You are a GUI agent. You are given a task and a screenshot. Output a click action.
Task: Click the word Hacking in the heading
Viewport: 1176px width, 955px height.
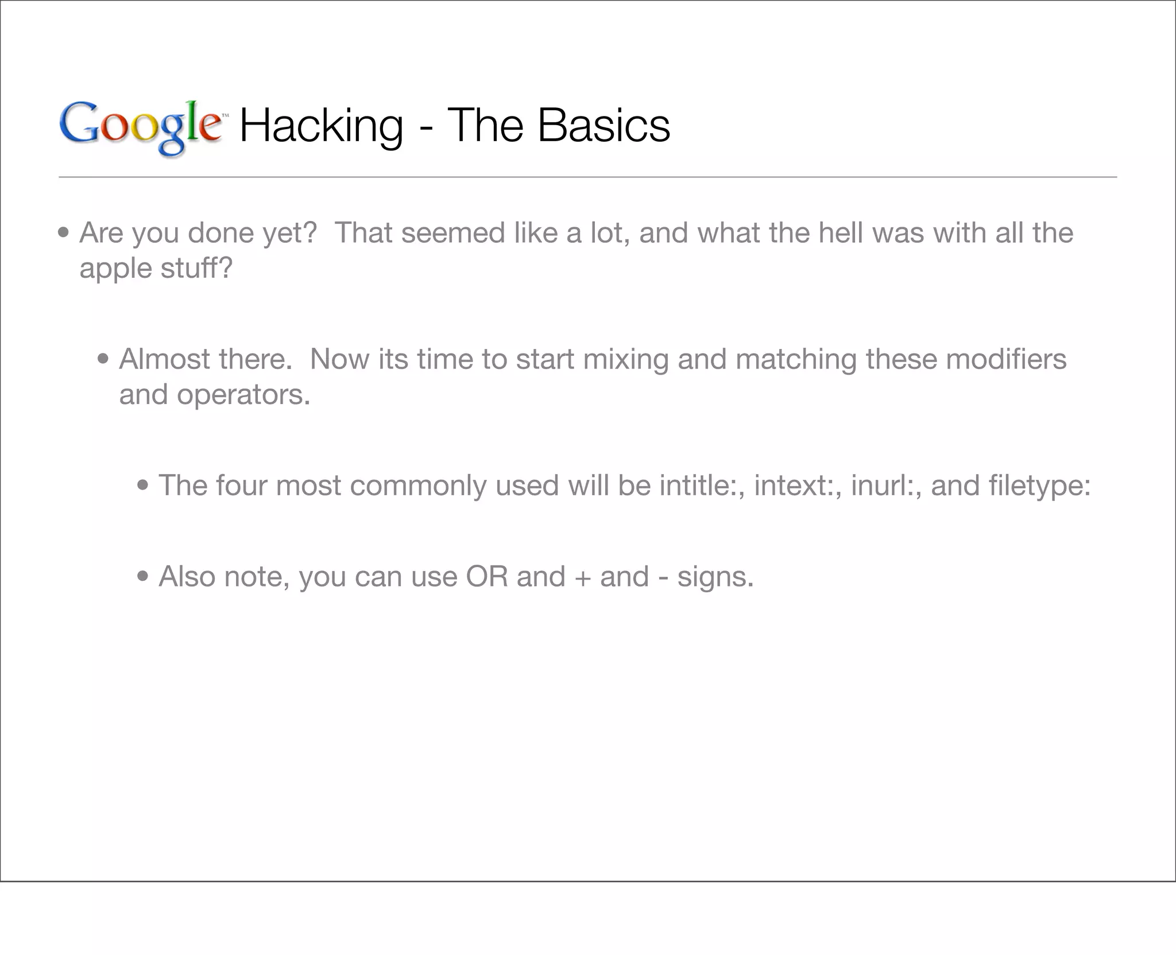(321, 126)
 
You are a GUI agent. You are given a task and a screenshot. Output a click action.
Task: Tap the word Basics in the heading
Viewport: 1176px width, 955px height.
(604, 126)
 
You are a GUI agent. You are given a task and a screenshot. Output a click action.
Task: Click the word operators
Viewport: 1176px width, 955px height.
(243, 395)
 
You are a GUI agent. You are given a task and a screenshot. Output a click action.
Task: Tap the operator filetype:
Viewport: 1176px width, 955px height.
(1039, 486)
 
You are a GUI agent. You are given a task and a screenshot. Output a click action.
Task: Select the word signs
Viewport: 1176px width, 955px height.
(715, 577)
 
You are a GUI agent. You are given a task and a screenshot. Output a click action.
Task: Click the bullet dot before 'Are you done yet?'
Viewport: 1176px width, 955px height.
(64, 234)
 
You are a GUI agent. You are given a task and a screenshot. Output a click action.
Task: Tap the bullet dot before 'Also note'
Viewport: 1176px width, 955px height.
(143, 577)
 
